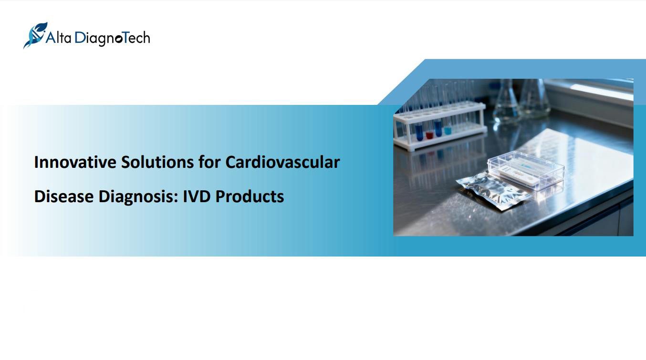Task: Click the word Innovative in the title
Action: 75,162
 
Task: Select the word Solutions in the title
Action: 157,162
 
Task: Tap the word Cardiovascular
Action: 282,162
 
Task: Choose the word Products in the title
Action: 250,196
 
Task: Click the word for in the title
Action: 209,162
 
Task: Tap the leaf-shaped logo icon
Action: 35,35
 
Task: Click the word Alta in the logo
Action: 59,38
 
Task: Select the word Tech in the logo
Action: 136,38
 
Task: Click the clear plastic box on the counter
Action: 526,170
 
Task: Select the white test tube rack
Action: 440,127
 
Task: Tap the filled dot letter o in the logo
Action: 118,39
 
